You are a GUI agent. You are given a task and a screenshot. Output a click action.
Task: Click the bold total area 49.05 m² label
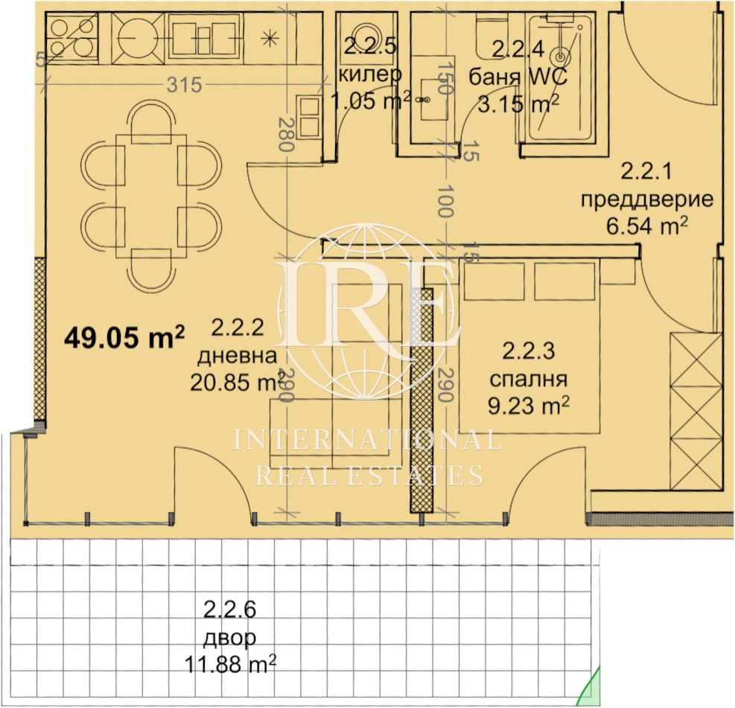coord(124,337)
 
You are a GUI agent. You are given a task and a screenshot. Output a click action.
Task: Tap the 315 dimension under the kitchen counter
coord(184,85)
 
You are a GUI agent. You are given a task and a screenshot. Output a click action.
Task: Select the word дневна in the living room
coord(237,356)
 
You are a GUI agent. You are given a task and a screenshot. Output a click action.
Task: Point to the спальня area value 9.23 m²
coord(529,405)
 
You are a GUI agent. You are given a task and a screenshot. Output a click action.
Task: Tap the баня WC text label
coord(518,77)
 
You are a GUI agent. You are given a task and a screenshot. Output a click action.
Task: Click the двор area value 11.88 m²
coord(230,664)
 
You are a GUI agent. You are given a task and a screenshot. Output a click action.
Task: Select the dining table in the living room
coord(151,195)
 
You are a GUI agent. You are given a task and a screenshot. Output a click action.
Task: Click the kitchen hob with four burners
coord(72,37)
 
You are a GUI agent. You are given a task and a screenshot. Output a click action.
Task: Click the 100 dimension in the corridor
coord(445,201)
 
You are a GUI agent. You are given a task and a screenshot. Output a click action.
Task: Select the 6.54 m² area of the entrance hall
coord(647,227)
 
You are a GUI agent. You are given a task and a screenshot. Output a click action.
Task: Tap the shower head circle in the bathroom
coord(560,57)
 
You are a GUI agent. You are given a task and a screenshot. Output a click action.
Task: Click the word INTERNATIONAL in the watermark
coord(368,441)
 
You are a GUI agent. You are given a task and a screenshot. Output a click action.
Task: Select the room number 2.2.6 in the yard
coord(229,610)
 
